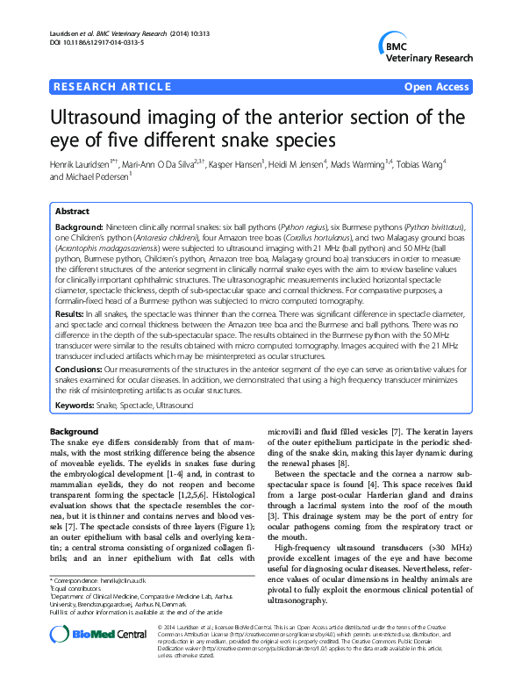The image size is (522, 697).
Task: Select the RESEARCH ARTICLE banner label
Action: coord(112,87)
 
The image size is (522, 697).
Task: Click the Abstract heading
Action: coord(72,212)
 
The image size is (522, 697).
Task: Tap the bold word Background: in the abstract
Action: coord(78,227)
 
